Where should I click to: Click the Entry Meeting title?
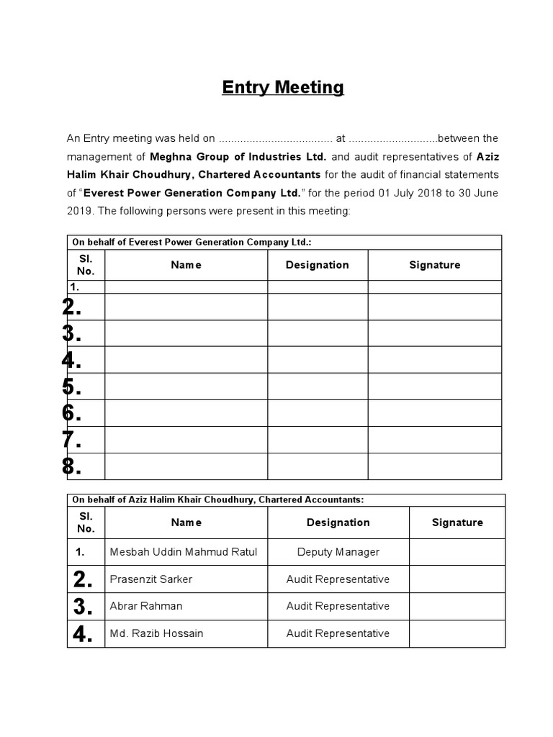[282, 88]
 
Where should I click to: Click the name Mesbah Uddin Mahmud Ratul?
[183, 552]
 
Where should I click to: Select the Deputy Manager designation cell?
[338, 552]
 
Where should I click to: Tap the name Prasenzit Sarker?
[151, 579]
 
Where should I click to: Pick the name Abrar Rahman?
[146, 606]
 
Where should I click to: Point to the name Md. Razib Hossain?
[156, 633]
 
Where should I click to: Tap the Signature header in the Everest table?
[434, 265]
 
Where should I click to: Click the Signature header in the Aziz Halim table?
[457, 523]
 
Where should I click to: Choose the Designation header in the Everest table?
[317, 265]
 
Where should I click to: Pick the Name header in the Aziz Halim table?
[186, 523]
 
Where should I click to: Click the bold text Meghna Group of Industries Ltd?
[238, 156]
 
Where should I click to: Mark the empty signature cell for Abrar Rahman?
[457, 606]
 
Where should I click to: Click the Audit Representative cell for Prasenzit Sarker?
[338, 579]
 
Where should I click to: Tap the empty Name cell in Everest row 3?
[186, 333]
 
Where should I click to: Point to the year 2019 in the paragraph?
[78, 211]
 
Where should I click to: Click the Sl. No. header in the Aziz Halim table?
[86, 523]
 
